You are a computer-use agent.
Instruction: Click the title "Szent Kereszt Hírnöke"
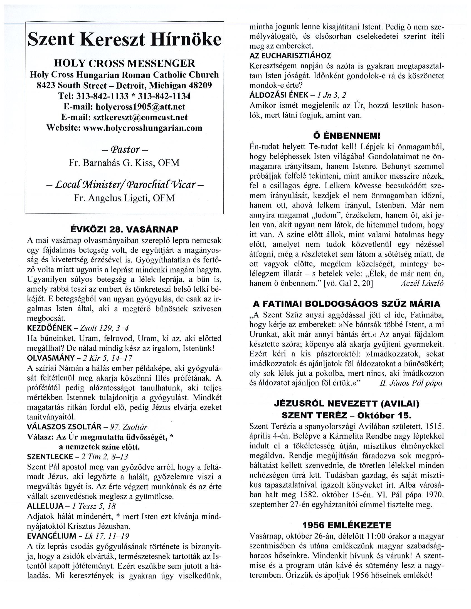(x=124, y=40)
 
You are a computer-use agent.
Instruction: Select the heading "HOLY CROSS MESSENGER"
(x=124, y=63)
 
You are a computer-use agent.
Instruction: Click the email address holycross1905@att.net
(x=140, y=107)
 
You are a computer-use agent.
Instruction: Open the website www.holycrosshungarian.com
(x=142, y=128)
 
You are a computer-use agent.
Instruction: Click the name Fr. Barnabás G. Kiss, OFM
(x=124, y=163)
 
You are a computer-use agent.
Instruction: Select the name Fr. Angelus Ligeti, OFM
(x=124, y=198)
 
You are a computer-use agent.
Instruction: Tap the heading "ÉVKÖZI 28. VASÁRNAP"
(x=124, y=229)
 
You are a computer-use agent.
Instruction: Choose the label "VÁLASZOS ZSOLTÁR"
(x=64, y=427)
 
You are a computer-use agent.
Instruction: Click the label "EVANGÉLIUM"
(x=51, y=536)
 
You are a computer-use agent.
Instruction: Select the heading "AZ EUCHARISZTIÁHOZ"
(x=290, y=56)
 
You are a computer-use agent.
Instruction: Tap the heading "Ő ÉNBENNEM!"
(x=346, y=136)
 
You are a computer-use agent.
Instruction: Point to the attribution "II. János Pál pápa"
(x=411, y=383)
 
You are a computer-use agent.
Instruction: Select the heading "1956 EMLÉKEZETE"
(x=346, y=526)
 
